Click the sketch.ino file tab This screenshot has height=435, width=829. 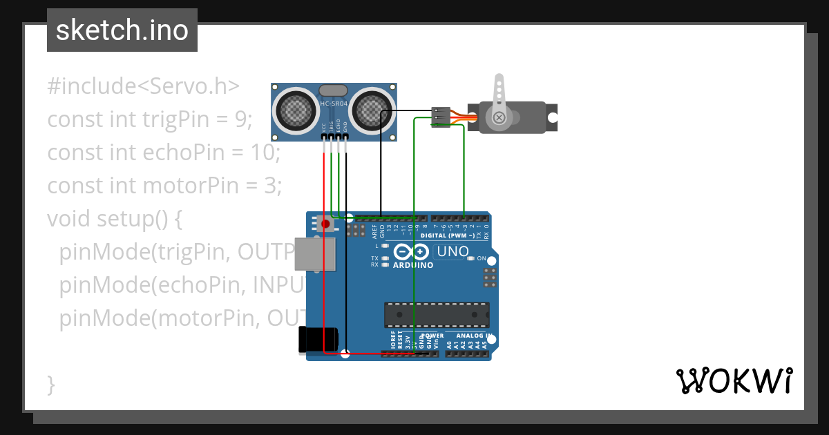122,30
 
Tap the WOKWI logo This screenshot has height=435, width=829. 733,381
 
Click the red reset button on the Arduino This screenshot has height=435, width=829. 325,224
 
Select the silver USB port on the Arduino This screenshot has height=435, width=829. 315,254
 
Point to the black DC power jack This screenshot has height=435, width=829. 317,339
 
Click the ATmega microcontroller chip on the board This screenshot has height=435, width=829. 437,315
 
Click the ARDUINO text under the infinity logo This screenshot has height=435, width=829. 413,265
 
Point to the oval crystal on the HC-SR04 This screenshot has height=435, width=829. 334,90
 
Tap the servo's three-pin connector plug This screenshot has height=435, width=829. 440,116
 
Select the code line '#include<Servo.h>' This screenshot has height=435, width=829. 143,86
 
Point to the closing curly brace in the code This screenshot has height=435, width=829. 51,384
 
